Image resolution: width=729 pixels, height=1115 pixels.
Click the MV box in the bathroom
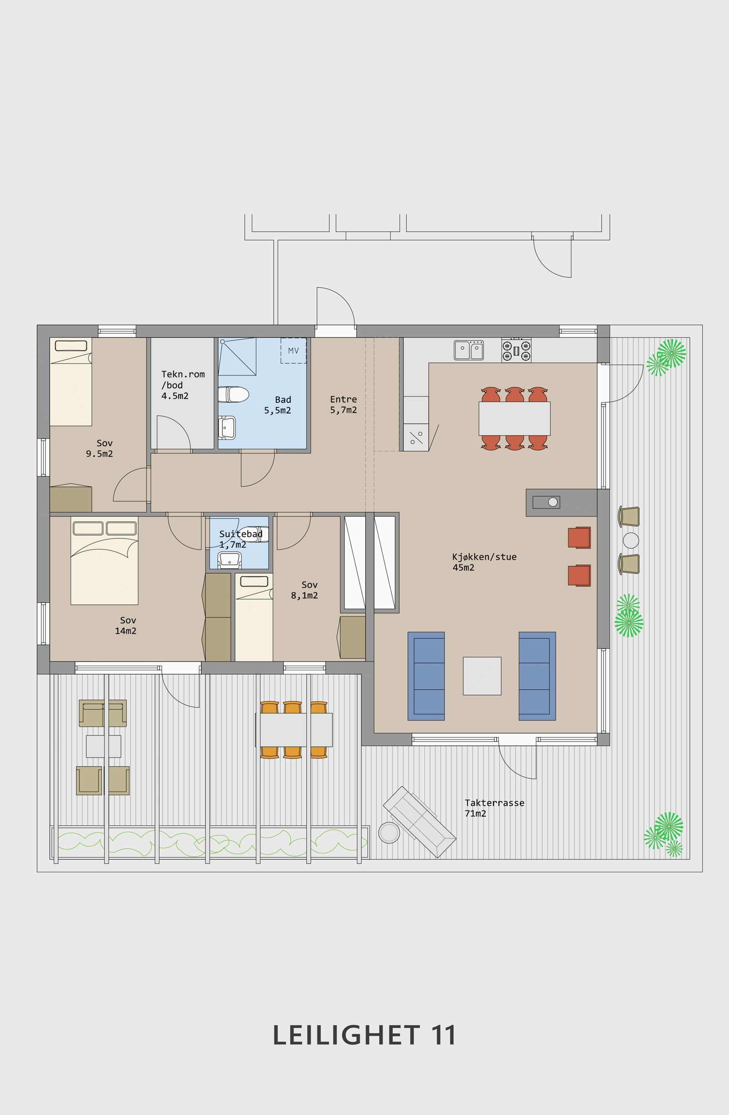[x=293, y=351]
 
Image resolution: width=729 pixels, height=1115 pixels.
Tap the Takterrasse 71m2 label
[x=494, y=808]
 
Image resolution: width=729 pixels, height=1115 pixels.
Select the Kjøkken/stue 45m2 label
[x=484, y=562]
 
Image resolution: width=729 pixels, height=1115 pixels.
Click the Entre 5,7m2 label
[x=343, y=404]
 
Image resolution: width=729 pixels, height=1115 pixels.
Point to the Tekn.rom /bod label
[x=183, y=379]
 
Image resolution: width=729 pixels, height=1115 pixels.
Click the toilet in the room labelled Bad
[x=233, y=394]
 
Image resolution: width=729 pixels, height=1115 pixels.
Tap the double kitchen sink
[x=469, y=350]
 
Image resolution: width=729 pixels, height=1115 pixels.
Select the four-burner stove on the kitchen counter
[x=516, y=350]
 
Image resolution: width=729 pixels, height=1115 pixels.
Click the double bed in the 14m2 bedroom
[x=104, y=560]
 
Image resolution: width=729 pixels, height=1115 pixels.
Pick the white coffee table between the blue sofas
[x=482, y=676]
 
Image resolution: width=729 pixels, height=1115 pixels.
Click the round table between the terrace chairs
[x=631, y=540]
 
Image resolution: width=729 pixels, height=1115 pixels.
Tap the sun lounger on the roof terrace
[x=420, y=822]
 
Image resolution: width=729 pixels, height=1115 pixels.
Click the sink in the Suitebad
[x=230, y=560]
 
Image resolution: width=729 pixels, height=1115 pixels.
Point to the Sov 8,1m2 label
[x=305, y=590]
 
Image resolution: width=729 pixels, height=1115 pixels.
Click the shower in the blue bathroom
[x=237, y=356]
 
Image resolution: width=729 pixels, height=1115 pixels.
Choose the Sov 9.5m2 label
[x=99, y=448]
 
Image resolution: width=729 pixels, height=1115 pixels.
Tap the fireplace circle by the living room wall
[x=553, y=502]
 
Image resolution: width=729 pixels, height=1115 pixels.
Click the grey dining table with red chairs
[x=514, y=418]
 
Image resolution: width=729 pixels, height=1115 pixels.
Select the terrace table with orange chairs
[x=294, y=729]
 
